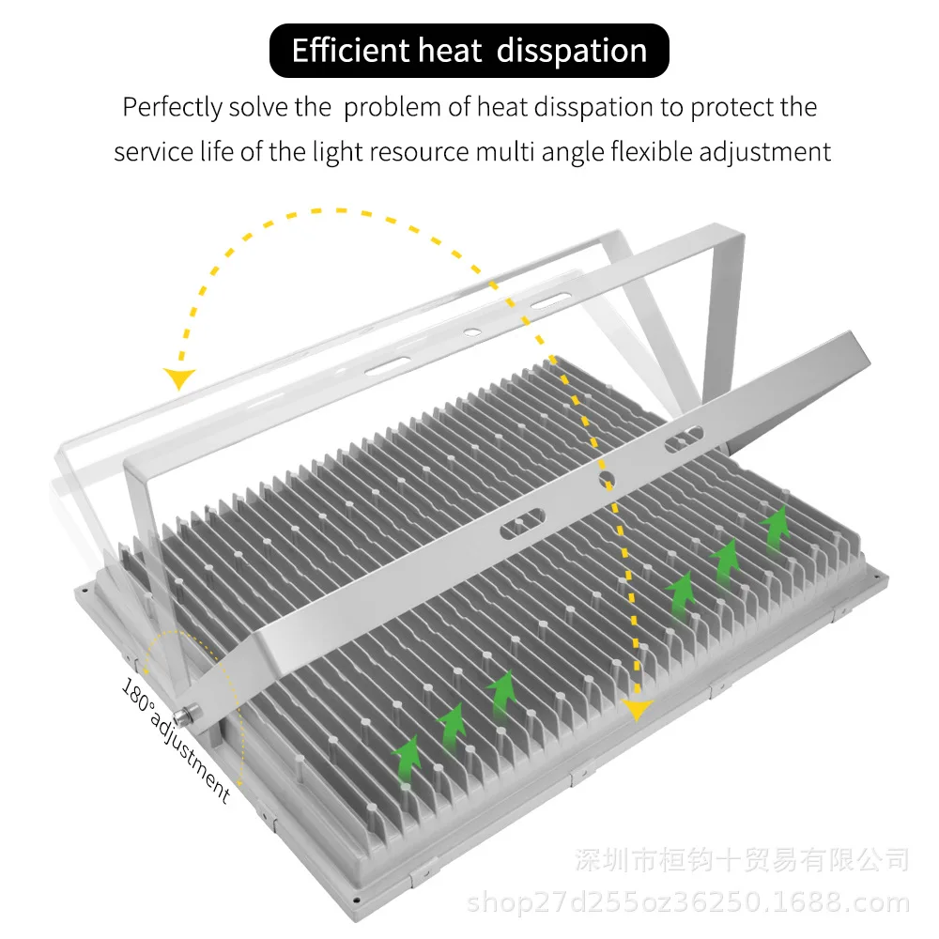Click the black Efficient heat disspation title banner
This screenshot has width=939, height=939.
pos(469,51)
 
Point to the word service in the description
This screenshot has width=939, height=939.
pos(148,151)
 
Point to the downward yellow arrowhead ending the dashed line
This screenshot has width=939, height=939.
pos(639,710)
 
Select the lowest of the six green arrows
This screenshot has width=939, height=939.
pos(407,756)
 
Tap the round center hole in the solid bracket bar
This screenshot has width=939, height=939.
pos(607,480)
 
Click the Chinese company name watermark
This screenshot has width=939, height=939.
pos(742,858)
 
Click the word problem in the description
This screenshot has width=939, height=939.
pos(393,107)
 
